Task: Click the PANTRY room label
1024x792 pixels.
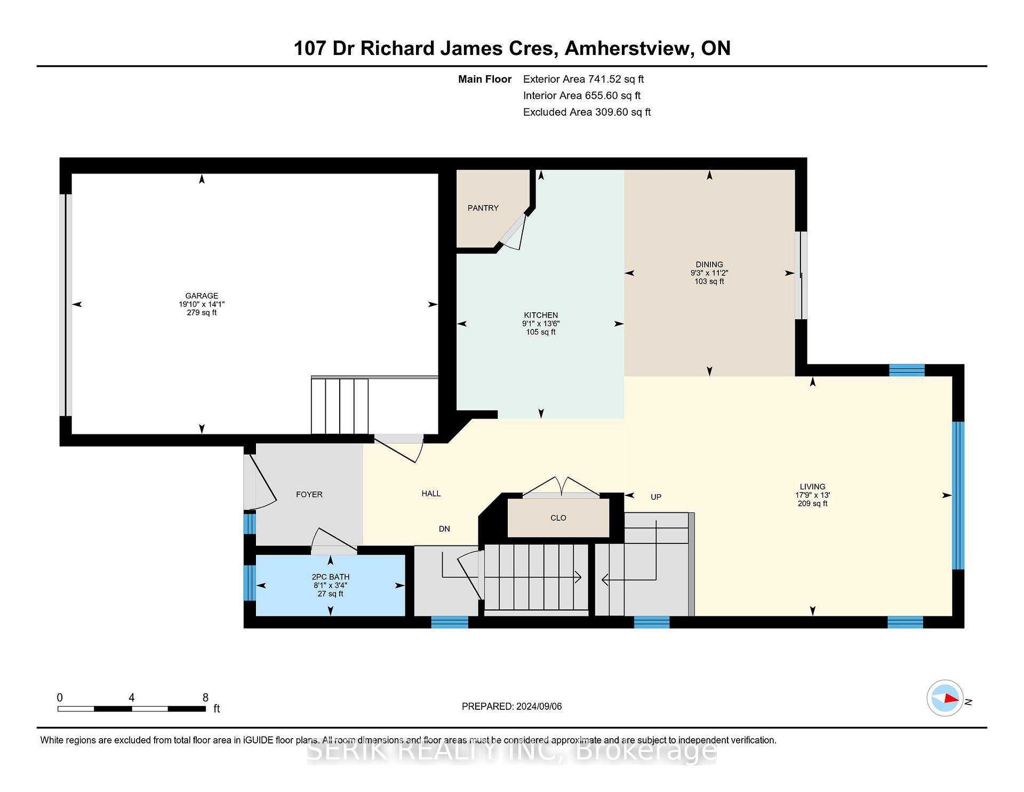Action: (483, 208)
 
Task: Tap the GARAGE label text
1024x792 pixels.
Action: (202, 296)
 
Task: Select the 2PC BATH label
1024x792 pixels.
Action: (331, 577)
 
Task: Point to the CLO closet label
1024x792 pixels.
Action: (558, 518)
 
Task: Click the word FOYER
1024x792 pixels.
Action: (309, 495)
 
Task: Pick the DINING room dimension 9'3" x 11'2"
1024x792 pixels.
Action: (709, 273)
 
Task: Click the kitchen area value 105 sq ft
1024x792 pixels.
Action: (541, 332)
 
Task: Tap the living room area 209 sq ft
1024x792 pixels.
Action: (813, 503)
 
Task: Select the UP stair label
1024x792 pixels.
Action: (656, 497)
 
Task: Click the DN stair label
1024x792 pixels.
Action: (444, 529)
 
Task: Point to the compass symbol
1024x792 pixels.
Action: (945, 698)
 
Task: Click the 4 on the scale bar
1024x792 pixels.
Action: (131, 698)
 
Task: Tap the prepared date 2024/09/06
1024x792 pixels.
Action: (539, 707)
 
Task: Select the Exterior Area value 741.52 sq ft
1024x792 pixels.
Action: (616, 79)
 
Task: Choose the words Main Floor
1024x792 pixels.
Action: (485, 79)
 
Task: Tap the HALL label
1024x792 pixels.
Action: (431, 494)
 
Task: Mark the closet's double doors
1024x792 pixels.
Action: (560, 486)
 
